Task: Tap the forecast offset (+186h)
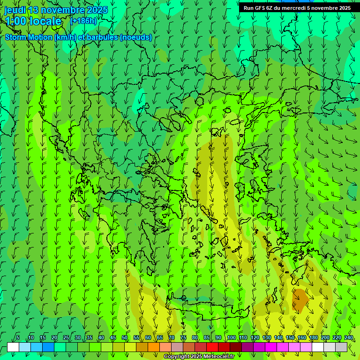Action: tap(83, 21)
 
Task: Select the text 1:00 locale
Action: tap(33, 21)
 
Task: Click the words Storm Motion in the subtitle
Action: tap(29, 37)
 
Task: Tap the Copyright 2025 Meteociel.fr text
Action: tap(199, 357)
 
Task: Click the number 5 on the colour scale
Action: tap(18, 337)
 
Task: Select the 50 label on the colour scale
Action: tap(125, 337)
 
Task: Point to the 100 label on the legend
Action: tap(231, 337)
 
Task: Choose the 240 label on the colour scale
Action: tap(349, 337)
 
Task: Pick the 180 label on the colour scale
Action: tap(313, 337)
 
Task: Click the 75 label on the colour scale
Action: tap(183, 337)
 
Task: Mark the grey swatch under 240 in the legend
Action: tap(341, 347)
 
